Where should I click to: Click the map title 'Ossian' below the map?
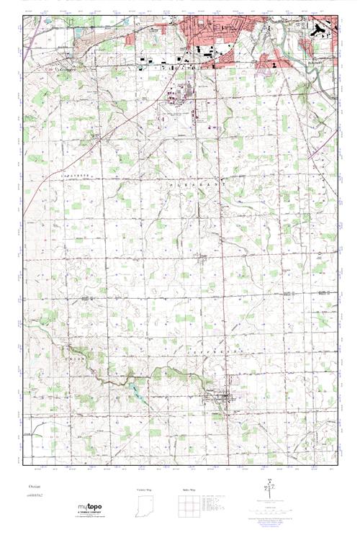pyautogui.click(x=27, y=487)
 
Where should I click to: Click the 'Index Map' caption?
pyautogui.click(x=189, y=490)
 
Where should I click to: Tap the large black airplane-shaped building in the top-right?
pyautogui.click(x=318, y=30)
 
